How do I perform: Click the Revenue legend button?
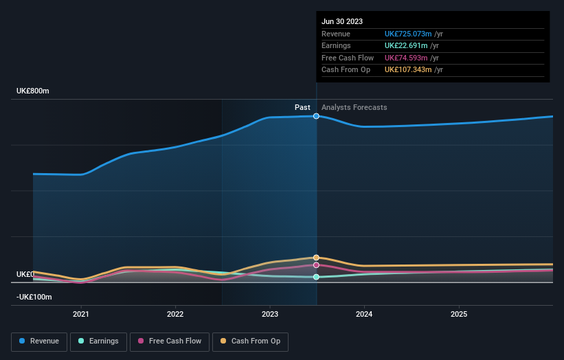pos(39,341)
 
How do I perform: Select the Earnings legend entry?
pos(98,341)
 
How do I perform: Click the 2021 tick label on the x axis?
pos(81,314)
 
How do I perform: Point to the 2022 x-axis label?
pos(175,314)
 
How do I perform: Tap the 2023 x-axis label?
pos(270,314)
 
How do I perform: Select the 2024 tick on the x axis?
pos(364,314)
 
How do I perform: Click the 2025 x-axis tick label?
pos(459,314)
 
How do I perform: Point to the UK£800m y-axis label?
pos(33,91)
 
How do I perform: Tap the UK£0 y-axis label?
pos(25,274)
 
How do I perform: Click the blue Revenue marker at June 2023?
pos(316,116)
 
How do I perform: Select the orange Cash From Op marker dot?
pos(316,258)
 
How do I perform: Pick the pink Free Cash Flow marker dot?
pos(316,265)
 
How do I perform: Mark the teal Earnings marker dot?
pos(316,277)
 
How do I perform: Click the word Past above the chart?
pos(302,107)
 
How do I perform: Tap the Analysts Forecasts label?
pos(354,107)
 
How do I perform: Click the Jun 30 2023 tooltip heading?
pos(340,21)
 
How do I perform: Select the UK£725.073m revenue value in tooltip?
pos(408,34)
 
